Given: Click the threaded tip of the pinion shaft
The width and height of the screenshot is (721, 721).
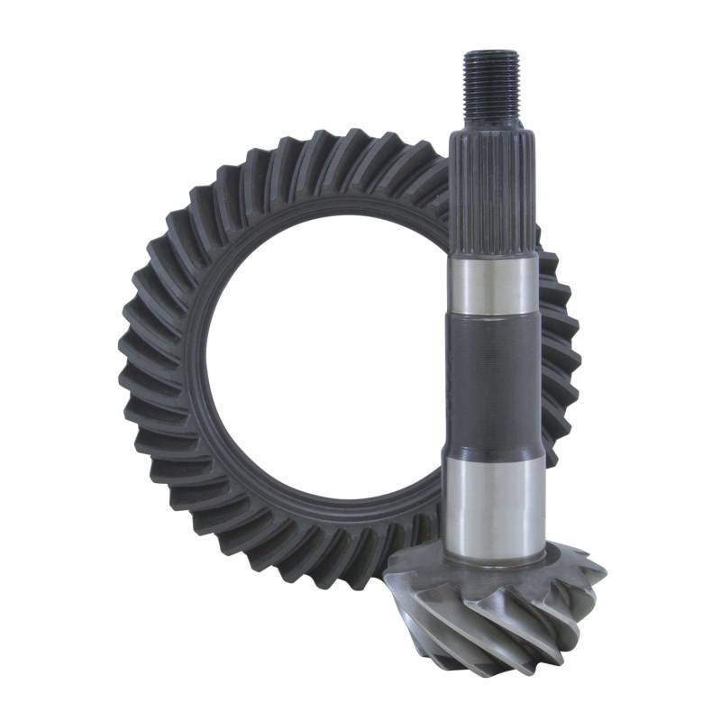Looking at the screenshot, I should click(492, 86).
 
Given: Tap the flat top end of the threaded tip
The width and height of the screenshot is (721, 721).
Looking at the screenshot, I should click(492, 54).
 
